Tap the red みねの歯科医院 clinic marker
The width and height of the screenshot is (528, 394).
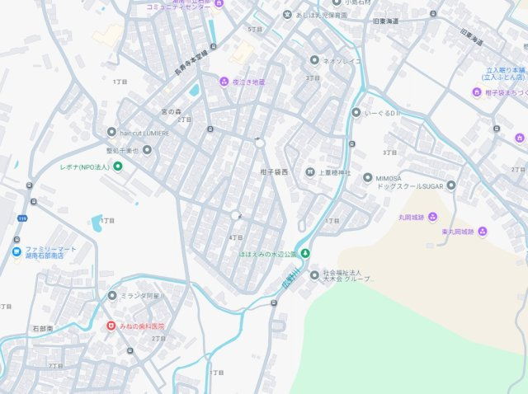111,326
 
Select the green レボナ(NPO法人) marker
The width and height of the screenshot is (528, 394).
117,167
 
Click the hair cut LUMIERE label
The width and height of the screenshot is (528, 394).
145,132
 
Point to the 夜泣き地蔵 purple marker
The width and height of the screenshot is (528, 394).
224,82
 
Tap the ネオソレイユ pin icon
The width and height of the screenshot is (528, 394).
314,60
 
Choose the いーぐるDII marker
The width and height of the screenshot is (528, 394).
356,112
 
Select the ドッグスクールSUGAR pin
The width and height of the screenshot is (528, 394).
367,177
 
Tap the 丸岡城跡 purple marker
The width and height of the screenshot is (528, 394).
432,217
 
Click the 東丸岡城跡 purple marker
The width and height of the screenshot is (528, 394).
482,231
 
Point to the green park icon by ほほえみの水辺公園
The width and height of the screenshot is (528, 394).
305,252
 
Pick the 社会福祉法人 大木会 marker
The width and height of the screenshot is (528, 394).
314,274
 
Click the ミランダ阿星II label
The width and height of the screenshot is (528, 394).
142,295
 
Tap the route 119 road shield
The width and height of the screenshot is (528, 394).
22,218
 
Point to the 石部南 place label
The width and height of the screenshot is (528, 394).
42,328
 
